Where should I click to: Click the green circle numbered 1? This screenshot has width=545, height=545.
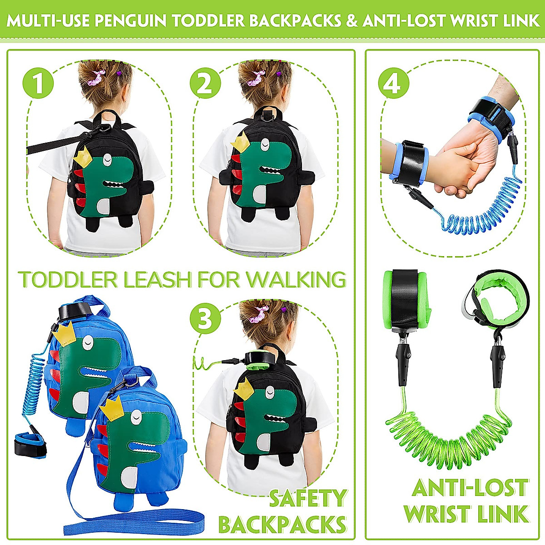(38, 83)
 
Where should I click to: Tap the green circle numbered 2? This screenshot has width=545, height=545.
(205, 83)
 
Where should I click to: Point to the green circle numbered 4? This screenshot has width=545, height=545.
(394, 83)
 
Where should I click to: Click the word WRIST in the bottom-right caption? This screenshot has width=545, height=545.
(437, 514)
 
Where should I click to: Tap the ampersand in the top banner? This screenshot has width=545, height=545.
(352, 21)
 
